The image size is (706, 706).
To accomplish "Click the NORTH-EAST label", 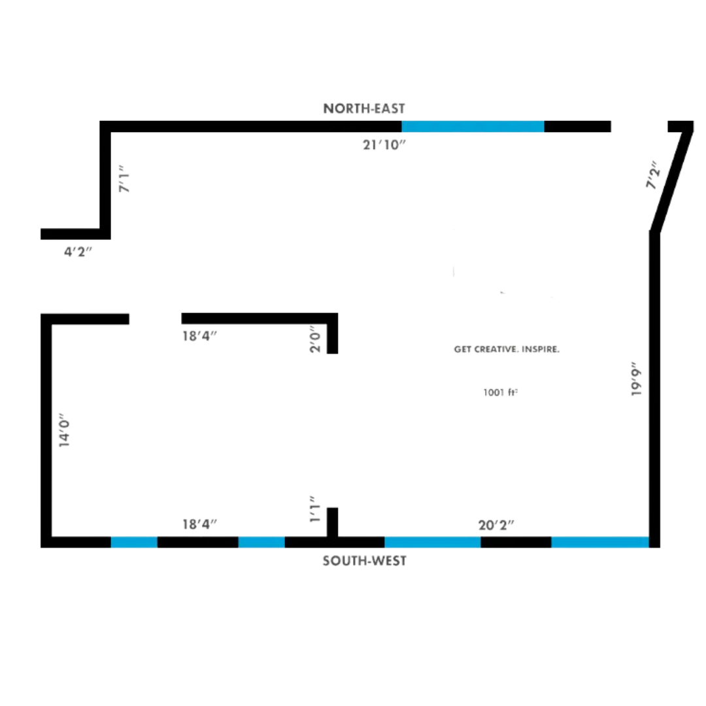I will point(364,109).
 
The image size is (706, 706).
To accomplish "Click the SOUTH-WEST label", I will point(364,560).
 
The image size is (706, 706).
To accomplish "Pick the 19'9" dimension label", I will point(637,382).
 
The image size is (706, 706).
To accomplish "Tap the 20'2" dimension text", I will point(497,524).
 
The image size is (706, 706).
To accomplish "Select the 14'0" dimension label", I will point(65,429).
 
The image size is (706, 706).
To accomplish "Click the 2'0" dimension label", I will point(316,340).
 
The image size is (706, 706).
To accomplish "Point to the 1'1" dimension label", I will point(316,508).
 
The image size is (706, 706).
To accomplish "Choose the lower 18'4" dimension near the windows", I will point(199,524).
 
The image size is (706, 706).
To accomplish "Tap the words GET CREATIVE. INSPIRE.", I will point(507,350).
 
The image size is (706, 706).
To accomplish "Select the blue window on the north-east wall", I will point(473,126).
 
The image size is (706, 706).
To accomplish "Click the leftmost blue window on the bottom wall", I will point(134,542).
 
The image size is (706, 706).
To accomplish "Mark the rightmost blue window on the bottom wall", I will point(600,542).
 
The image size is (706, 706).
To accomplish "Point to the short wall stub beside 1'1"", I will point(332,521).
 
